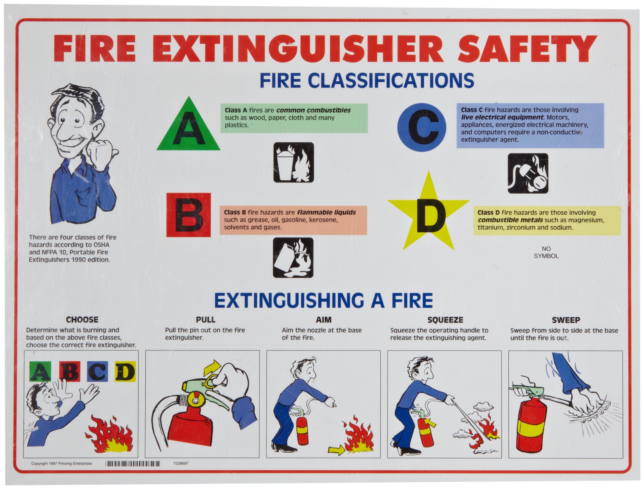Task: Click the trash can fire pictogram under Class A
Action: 293,162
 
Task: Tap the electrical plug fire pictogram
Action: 528,173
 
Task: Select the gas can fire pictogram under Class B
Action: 293,258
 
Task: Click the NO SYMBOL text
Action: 546,252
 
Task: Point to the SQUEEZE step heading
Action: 445,320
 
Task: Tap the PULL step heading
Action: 206,320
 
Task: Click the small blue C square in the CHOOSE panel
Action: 97,371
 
